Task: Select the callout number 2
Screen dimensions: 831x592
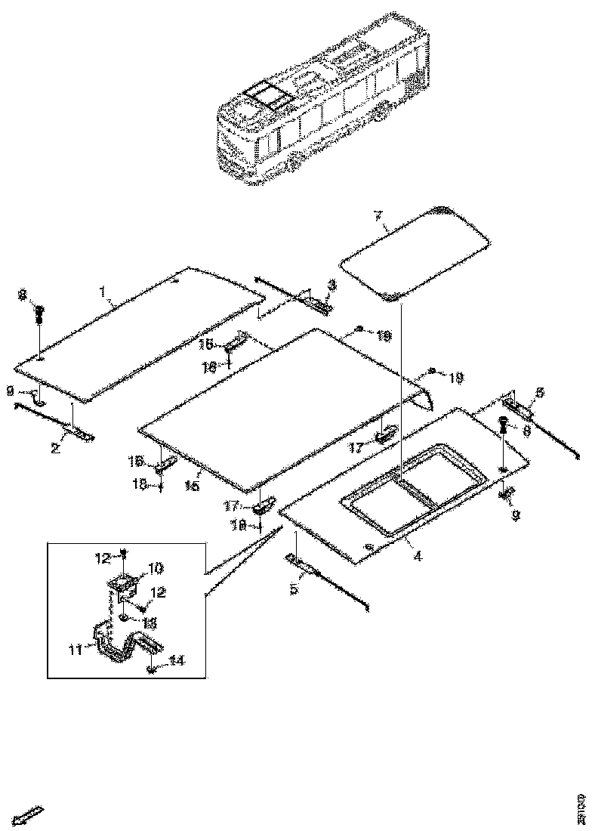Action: click(x=54, y=448)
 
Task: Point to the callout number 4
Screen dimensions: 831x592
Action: click(x=417, y=557)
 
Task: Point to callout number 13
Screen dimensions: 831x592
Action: click(x=150, y=622)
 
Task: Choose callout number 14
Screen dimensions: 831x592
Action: click(x=176, y=660)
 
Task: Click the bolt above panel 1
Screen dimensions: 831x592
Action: click(x=40, y=313)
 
